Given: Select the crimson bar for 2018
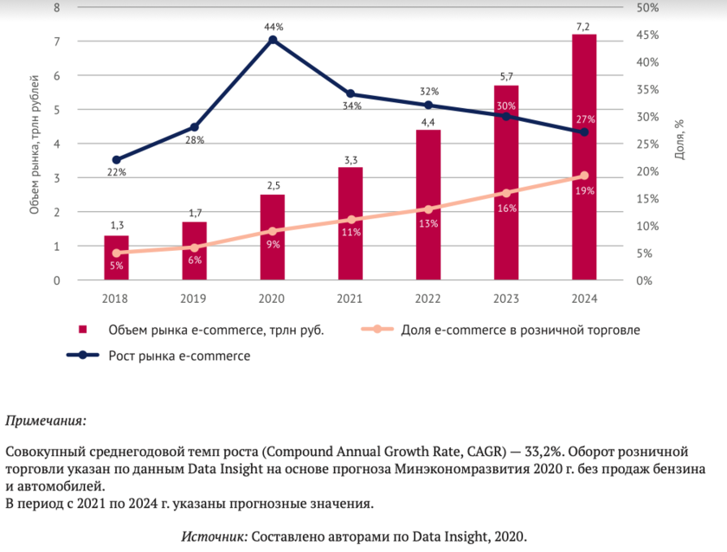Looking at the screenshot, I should (117, 258).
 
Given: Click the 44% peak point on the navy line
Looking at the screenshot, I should (273, 40).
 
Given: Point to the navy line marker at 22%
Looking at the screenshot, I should (117, 160).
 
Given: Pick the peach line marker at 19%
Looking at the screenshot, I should (583, 176).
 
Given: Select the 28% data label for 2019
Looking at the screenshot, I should (195, 140).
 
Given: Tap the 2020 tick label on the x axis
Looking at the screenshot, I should (273, 298).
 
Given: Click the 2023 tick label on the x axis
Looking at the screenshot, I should (505, 298).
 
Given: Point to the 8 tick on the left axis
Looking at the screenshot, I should (56, 7).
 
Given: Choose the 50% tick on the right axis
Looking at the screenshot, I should (647, 7).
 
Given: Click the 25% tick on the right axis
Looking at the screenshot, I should (647, 144).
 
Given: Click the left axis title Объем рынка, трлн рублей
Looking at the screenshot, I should (35, 144).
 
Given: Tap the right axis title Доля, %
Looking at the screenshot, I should (680, 138).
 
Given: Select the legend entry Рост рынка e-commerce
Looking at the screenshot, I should (179, 355).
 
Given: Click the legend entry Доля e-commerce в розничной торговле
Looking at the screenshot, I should (519, 330).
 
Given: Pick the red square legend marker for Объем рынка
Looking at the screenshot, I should (83, 330).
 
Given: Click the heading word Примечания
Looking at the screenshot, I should (46, 421).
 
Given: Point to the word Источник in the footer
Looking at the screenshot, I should (213, 536).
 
